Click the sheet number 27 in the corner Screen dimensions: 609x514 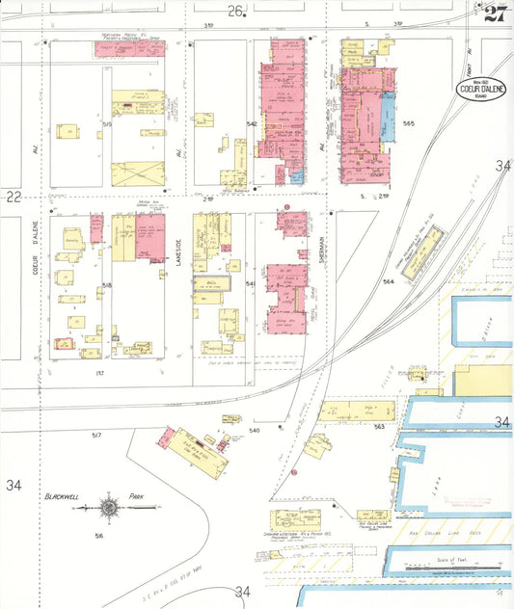point(495,13)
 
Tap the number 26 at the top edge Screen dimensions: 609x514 point(234,11)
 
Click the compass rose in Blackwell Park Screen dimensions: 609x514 point(110,504)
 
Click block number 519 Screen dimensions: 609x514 point(108,124)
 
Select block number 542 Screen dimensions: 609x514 point(252,124)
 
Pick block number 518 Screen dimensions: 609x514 point(107,285)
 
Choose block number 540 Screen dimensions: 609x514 point(254,430)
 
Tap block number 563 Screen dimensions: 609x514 point(379,425)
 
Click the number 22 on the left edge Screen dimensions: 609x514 point(13,197)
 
